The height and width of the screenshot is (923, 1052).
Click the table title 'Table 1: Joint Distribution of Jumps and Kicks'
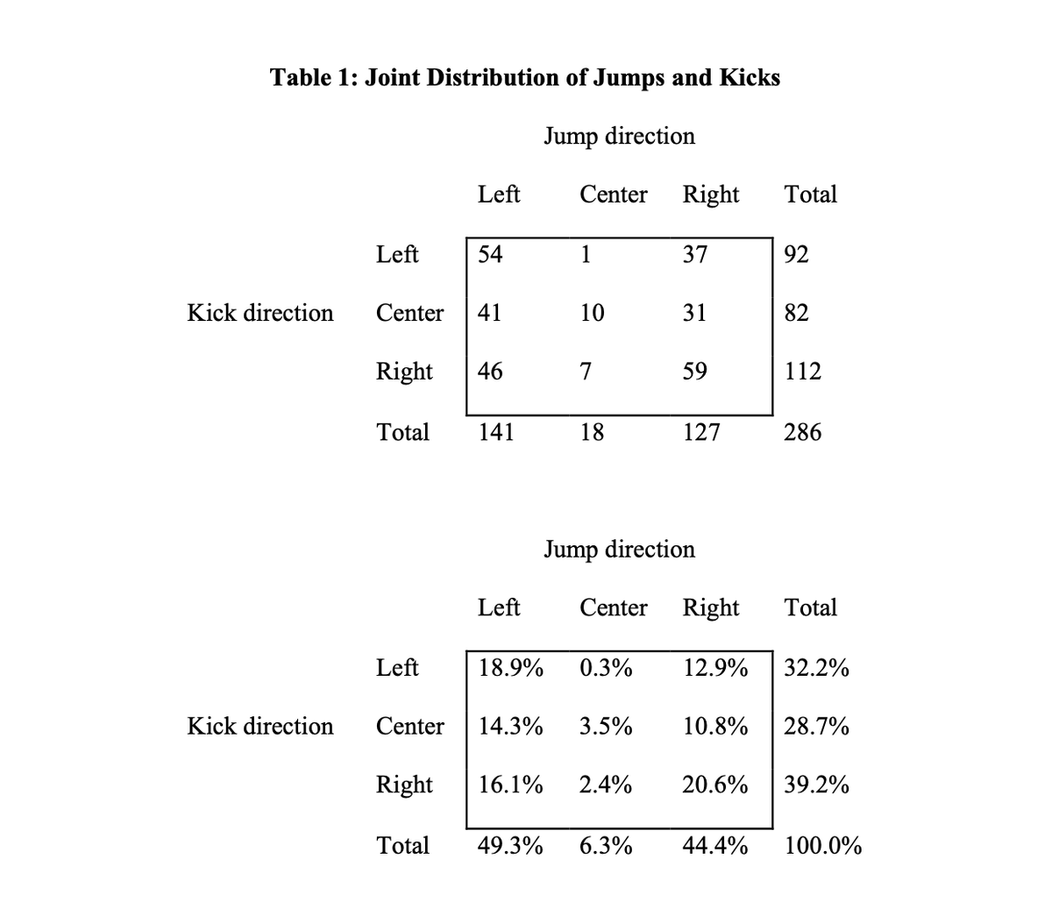pyautogui.click(x=525, y=78)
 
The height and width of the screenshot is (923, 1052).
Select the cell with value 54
pyautogui.click(x=490, y=254)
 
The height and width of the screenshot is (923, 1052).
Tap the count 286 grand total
pyautogui.click(x=802, y=432)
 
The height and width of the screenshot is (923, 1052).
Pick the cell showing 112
pyautogui.click(x=802, y=372)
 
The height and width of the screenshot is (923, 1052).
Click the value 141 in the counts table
pyautogui.click(x=495, y=432)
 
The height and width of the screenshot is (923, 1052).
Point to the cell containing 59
pyautogui.click(x=694, y=372)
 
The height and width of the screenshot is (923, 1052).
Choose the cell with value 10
pyautogui.click(x=592, y=313)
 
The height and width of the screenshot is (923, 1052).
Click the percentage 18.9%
pyautogui.click(x=510, y=668)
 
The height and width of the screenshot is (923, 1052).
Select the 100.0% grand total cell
pyautogui.click(x=822, y=846)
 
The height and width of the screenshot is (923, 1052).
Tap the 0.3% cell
pyautogui.click(x=606, y=668)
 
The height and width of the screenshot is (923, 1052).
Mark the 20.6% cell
pyautogui.click(x=714, y=785)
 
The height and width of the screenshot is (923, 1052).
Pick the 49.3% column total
pyautogui.click(x=510, y=846)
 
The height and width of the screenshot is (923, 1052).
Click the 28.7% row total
pyautogui.click(x=816, y=727)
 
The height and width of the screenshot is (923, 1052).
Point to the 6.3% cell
pyautogui.click(x=606, y=846)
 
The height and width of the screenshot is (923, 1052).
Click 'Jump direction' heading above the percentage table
pyautogui.click(x=619, y=550)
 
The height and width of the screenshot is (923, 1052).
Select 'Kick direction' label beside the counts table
pyautogui.click(x=260, y=313)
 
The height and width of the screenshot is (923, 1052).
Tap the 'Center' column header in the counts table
pyautogui.click(x=613, y=195)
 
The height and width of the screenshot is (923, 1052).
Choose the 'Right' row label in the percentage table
pyautogui.click(x=404, y=785)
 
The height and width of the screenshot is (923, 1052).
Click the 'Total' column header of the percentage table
pyautogui.click(x=811, y=607)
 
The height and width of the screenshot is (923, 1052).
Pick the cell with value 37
pyautogui.click(x=694, y=254)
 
